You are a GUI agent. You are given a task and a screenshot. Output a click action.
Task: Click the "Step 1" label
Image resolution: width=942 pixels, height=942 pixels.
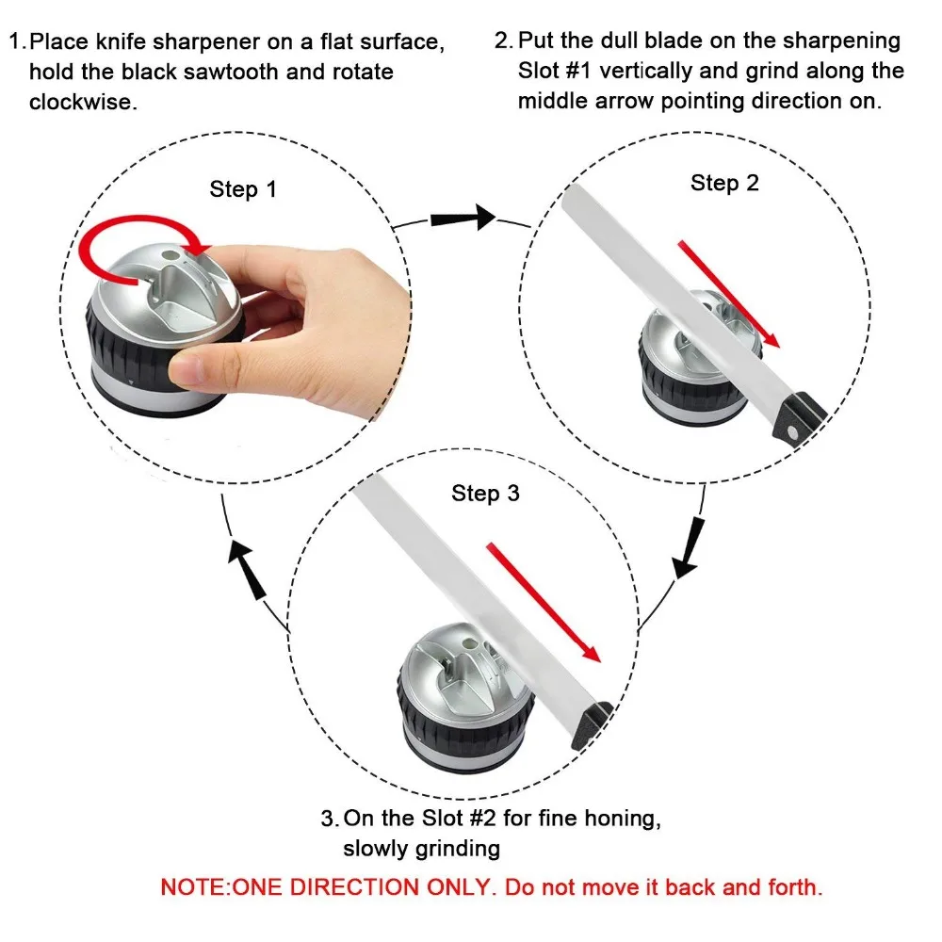click(243, 189)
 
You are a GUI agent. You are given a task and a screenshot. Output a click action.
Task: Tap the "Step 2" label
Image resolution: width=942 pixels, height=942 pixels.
click(724, 183)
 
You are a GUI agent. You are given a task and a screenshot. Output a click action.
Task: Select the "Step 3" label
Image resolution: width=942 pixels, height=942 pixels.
click(485, 493)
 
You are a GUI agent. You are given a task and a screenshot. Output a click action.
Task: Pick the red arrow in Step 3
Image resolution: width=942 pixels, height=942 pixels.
click(544, 602)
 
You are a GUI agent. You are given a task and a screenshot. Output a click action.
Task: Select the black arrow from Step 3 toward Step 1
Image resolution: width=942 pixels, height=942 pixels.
click(247, 571)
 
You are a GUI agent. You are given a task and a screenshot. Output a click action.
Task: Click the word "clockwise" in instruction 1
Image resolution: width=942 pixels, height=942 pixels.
click(83, 101)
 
